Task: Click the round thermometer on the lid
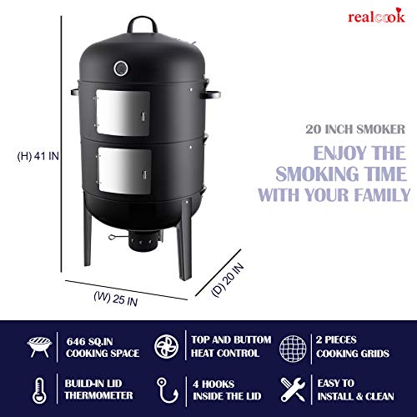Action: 123,66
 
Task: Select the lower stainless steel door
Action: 122,169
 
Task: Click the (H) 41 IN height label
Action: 36,155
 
